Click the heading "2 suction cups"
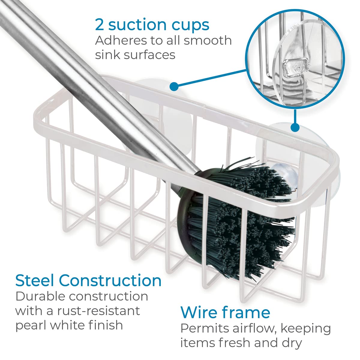(x=152, y=25)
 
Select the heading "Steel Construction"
(x=88, y=280)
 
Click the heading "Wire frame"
(x=225, y=312)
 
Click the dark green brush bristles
(x=240, y=216)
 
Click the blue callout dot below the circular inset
(x=295, y=127)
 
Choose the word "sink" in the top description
(x=109, y=55)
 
